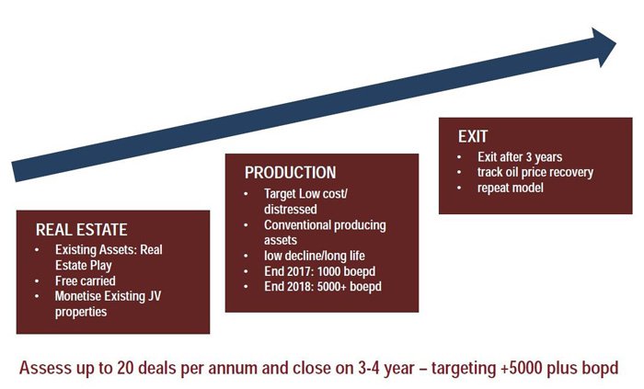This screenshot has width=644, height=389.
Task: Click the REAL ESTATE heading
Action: point(81,229)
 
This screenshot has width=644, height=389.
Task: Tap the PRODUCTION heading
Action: point(290,172)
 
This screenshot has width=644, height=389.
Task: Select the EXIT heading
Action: point(473,136)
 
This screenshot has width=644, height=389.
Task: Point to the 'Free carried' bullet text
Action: point(85,280)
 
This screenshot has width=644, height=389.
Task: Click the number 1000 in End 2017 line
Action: point(329,271)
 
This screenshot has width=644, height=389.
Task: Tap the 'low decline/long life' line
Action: point(315,256)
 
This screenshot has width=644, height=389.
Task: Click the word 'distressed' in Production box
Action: point(291,209)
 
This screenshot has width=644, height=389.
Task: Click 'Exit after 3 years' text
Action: point(520,156)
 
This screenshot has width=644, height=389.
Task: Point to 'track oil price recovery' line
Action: point(535,172)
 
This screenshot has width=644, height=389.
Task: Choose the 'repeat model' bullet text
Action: point(510,188)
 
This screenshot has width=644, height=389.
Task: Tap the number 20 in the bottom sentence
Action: point(125,368)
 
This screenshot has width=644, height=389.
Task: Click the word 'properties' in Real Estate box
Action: point(81,312)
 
